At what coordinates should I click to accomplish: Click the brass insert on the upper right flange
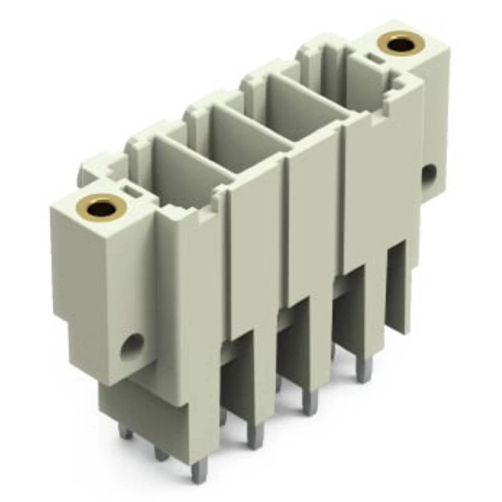tap(401, 43)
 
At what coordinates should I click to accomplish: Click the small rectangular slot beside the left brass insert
tap(132, 190)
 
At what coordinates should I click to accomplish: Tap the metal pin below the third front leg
tap(310, 402)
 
